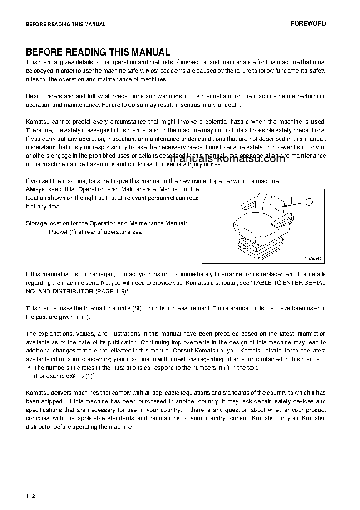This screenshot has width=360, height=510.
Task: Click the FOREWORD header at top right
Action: tap(308, 24)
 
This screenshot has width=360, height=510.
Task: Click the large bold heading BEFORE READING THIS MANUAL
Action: tap(98, 52)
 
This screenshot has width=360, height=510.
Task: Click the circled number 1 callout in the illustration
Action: tap(309, 202)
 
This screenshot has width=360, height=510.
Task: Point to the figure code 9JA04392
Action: tap(313, 258)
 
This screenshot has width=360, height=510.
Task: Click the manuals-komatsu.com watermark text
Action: tap(227, 158)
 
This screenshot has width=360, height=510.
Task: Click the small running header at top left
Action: tap(65, 25)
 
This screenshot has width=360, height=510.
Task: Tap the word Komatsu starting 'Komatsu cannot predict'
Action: tap(37, 122)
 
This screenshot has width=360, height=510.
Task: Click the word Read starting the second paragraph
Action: tap(33, 96)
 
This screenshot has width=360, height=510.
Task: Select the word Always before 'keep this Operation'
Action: tap(35, 189)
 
